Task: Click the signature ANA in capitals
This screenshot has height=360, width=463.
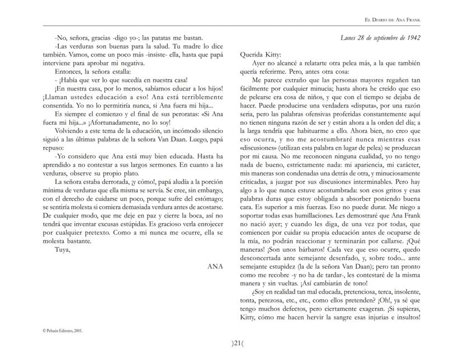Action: pyautogui.click(x=215, y=267)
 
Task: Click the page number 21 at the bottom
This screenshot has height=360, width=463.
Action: pyautogui.click(x=232, y=342)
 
